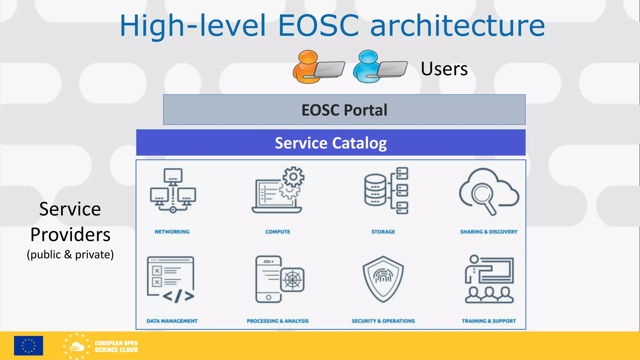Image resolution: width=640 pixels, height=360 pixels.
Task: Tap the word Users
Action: coord(444,69)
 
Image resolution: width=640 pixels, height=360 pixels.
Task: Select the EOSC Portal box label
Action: coord(344,110)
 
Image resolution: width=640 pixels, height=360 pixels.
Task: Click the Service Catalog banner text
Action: coord(331,143)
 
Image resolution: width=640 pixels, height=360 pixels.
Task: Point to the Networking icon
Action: coord(173,191)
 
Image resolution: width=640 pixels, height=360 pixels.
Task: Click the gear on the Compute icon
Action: coord(293,177)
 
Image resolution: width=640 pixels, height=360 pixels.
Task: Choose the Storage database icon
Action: coord(375,190)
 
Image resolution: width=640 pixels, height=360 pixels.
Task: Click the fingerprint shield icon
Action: coord(383,279)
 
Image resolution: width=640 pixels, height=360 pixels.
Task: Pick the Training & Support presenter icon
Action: coord(489,279)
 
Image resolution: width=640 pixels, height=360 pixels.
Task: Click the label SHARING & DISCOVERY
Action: coord(489,232)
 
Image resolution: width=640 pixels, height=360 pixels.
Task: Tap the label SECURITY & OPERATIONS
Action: coord(383,321)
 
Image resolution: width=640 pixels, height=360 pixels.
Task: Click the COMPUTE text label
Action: coord(277,232)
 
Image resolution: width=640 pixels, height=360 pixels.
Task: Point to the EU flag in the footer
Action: coord(28,346)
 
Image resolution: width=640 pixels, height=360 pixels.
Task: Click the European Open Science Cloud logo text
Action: coord(116,347)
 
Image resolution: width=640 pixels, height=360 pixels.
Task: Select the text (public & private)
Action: coord(70,255)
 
